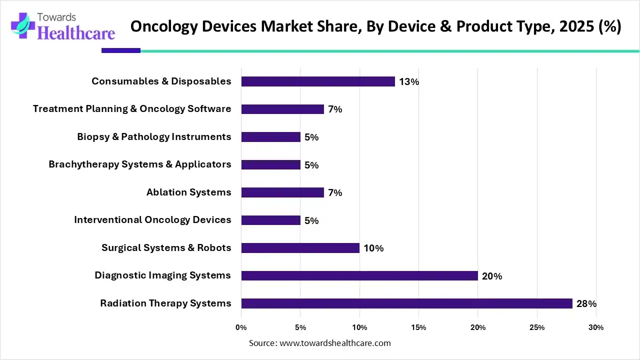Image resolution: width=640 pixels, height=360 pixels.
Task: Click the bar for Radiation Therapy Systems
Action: point(406,303)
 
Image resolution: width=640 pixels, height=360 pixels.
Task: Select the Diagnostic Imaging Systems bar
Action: point(359,275)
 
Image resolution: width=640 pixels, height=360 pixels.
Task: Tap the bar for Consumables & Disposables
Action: point(318,81)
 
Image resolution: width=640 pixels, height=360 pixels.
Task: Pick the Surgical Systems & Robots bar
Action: point(300,248)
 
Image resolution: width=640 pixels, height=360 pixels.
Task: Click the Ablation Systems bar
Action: point(282,192)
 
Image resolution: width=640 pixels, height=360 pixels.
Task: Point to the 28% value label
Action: point(586,304)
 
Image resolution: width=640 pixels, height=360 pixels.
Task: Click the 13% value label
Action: point(409,82)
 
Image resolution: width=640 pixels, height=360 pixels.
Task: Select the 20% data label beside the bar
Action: point(492,276)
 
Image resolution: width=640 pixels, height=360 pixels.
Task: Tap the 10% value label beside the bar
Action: point(373,248)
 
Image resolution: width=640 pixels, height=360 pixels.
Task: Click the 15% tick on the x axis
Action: point(418,327)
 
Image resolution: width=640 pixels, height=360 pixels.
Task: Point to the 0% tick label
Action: point(241,327)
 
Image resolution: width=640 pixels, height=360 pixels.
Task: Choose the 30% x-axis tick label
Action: point(596,327)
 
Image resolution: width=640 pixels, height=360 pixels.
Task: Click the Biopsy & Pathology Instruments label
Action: point(154,136)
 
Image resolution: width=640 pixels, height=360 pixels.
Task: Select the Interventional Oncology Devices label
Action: point(152,219)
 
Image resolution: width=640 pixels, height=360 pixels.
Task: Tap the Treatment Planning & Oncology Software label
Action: point(132,108)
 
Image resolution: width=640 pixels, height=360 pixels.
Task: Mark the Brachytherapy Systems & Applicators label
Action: point(140,164)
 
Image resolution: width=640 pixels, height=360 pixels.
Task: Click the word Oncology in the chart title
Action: point(163,26)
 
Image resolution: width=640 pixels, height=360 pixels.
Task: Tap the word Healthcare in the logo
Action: point(76,33)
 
